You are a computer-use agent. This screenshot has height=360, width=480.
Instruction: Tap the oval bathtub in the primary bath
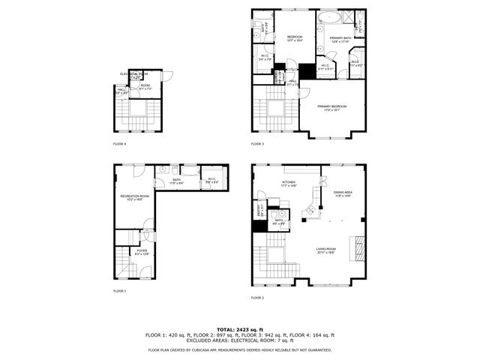tap(329, 16)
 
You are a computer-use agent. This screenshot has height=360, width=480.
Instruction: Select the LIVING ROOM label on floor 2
tap(325, 250)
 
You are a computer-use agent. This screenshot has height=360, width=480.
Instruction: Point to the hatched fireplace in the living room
tap(358, 245)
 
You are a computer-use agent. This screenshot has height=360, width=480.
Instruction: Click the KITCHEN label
tap(289, 182)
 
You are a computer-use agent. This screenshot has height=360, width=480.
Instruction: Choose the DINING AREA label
tap(342, 193)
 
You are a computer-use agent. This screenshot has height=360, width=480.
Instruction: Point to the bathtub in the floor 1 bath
tap(190, 171)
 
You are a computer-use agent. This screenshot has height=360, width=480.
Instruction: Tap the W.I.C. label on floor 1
tap(212, 178)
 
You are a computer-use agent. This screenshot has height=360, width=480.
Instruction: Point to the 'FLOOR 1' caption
tap(120, 290)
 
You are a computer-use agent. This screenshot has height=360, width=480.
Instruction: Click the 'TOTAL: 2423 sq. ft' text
tap(239, 329)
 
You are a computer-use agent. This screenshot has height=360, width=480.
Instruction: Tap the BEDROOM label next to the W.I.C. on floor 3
tap(294, 37)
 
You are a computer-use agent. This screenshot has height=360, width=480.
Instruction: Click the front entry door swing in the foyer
tap(148, 233)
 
